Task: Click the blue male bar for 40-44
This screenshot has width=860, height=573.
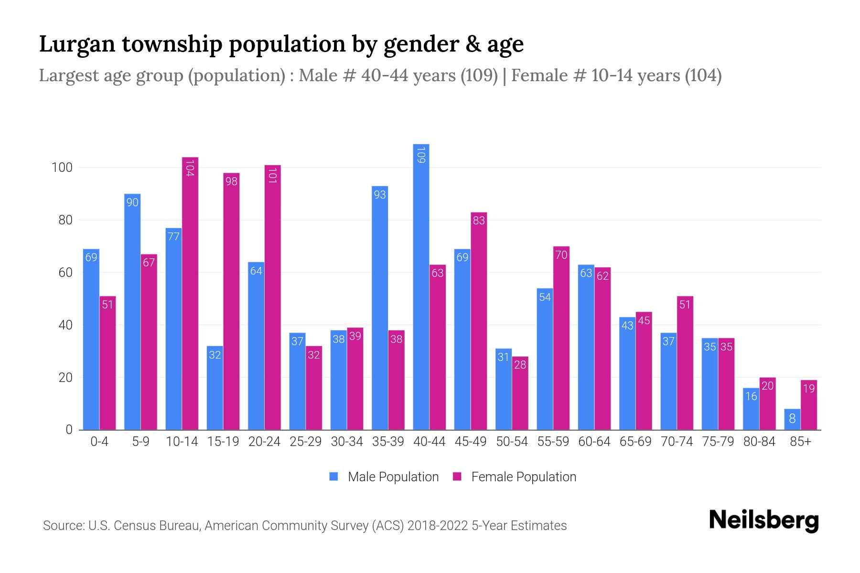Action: click(421, 286)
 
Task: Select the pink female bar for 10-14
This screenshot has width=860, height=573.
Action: click(190, 294)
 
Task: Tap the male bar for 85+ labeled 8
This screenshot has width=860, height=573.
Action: click(792, 419)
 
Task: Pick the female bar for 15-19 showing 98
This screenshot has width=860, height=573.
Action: click(231, 301)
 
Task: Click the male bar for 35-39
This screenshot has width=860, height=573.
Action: click(380, 308)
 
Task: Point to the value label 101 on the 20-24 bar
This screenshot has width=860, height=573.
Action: click(273, 175)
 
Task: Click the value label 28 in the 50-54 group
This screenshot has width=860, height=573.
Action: click(520, 365)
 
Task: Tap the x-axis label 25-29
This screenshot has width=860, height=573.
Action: click(306, 442)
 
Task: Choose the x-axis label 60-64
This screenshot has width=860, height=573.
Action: click(594, 442)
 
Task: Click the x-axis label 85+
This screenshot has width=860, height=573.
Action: click(800, 442)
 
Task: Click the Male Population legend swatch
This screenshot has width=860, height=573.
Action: click(333, 477)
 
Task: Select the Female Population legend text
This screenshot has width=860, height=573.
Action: click(524, 477)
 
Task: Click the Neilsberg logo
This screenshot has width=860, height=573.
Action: click(763, 520)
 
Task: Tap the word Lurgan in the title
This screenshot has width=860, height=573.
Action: click(77, 44)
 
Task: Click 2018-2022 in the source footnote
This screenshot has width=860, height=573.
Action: click(438, 526)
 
